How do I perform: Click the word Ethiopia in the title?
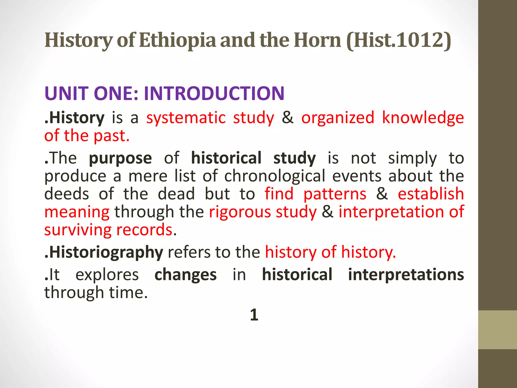pyautogui.click(x=177, y=40)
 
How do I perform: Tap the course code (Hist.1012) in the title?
pyautogui.click(x=399, y=40)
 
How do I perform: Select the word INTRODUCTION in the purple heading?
pyautogui.click(x=214, y=93)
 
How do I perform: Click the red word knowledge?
pyautogui.click(x=423, y=118)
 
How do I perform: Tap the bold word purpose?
pyautogui.click(x=120, y=158)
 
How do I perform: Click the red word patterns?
pyautogui.click(x=335, y=194)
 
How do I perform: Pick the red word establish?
pyautogui.click(x=431, y=194)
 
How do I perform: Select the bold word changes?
pyautogui.click(x=186, y=275)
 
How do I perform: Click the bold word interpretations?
pyautogui.click(x=406, y=275)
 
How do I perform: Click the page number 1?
pyautogui.click(x=254, y=315)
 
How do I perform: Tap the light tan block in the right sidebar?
pyautogui.click(x=497, y=330)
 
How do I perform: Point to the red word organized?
pyautogui.click(x=338, y=118)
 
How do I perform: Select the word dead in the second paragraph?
pyautogui.click(x=176, y=194)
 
